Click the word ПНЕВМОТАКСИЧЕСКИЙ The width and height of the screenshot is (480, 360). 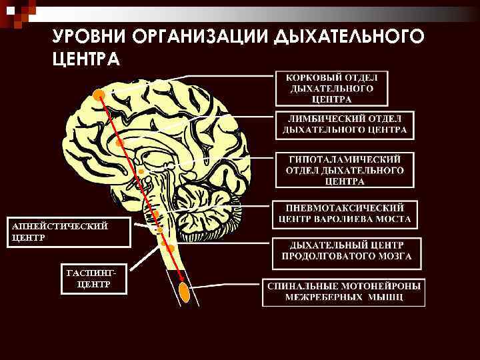pyautogui.click(x=345, y=207)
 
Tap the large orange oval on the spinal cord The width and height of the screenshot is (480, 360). pyautogui.click(x=185, y=291)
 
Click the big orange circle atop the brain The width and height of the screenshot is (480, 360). pyautogui.click(x=99, y=94)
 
